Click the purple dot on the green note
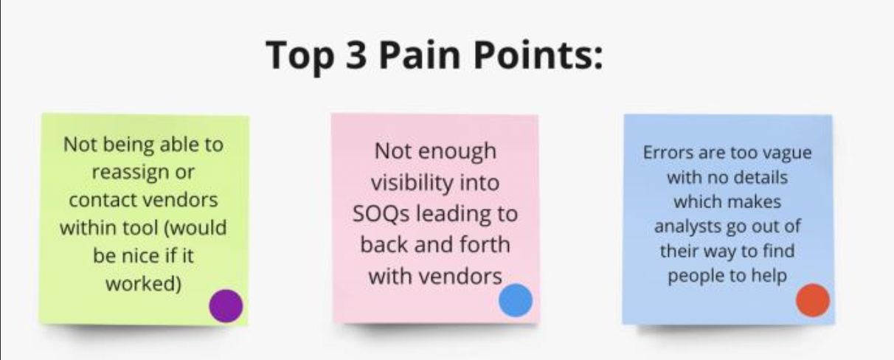[x=226, y=305]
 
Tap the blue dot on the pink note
[x=515, y=300]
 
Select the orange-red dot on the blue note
[x=813, y=300]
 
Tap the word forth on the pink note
[x=480, y=244]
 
